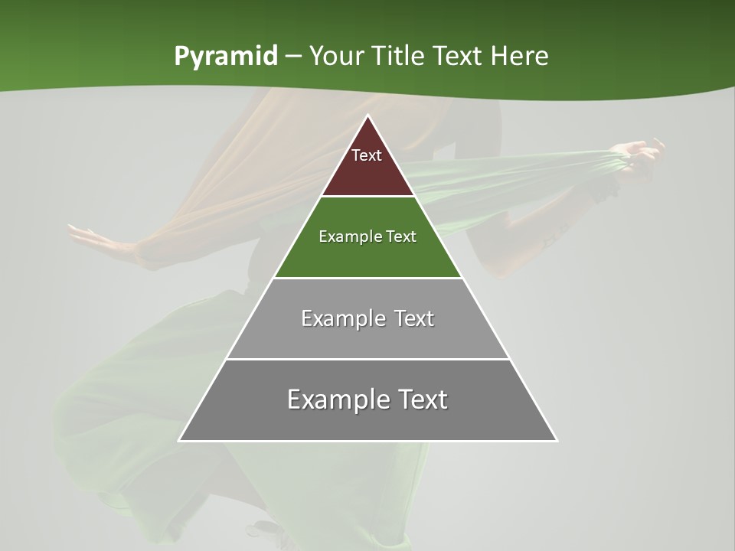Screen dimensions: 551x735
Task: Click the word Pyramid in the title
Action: (x=226, y=57)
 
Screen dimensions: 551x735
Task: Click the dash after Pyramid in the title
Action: (x=293, y=57)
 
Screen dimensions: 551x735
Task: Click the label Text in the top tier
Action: (x=367, y=155)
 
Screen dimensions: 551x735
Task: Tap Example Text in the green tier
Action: (x=367, y=236)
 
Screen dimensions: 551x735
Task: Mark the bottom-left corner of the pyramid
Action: (x=180, y=440)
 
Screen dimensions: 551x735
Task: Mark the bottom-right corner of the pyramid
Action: (x=556, y=440)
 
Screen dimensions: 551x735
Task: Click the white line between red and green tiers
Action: (x=367, y=197)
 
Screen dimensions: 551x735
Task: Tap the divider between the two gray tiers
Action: (x=367, y=359)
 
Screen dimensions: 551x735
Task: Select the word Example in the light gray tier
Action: (x=335, y=318)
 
